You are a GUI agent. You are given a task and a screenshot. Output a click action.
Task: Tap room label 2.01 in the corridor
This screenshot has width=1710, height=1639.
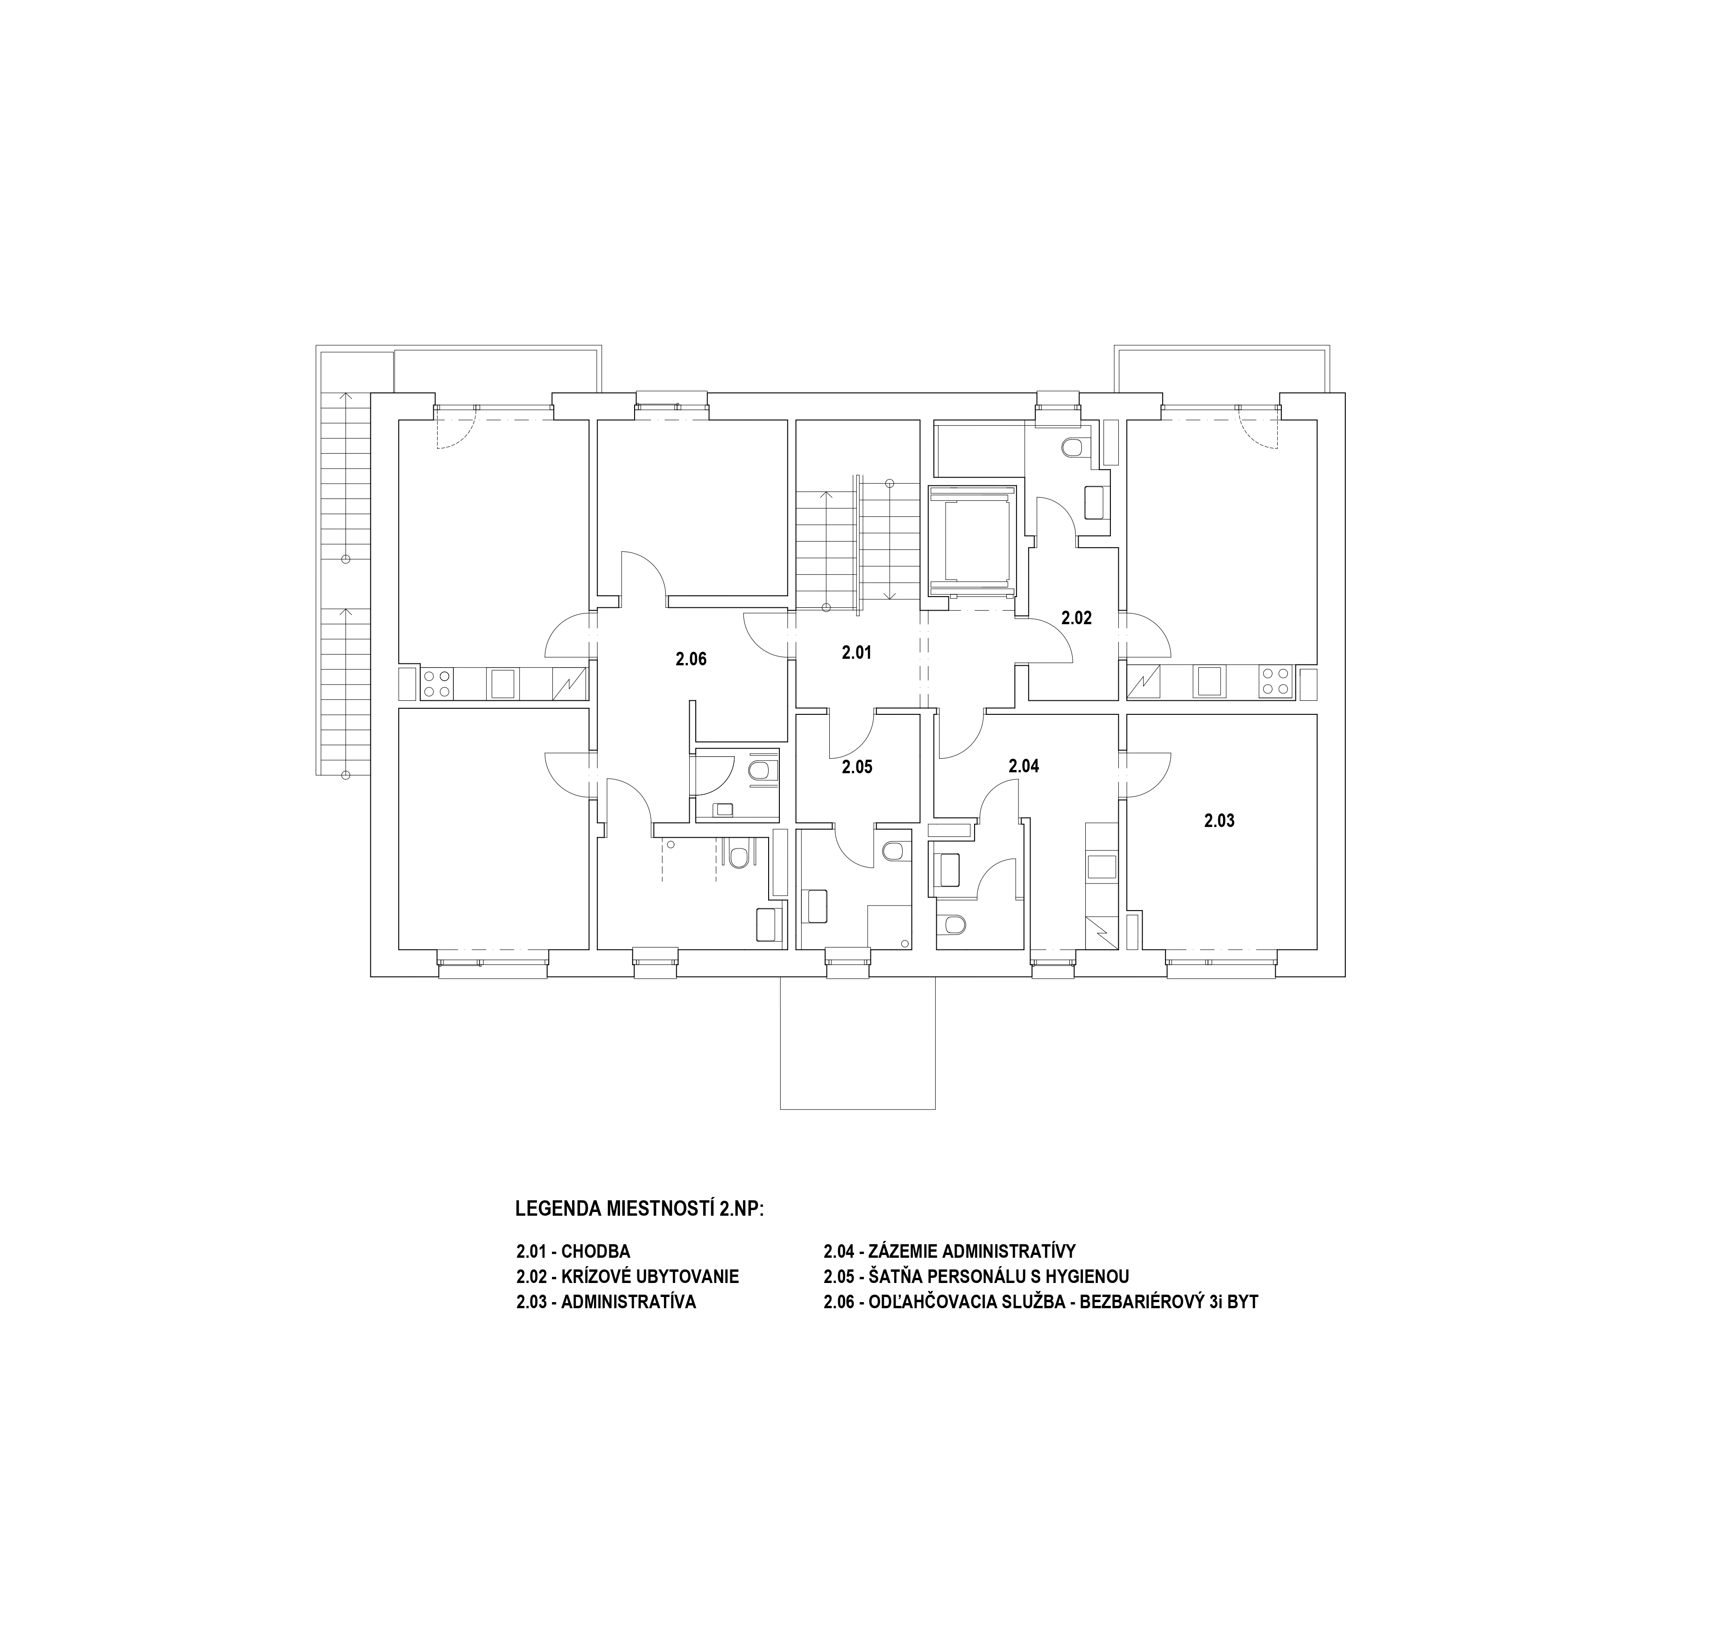(x=857, y=652)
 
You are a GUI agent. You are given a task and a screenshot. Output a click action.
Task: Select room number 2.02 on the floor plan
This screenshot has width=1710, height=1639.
(x=1077, y=618)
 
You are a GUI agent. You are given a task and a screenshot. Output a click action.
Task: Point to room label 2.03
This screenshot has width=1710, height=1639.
(x=1220, y=820)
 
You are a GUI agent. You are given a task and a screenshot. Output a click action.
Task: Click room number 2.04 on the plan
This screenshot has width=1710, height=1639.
(x=1024, y=766)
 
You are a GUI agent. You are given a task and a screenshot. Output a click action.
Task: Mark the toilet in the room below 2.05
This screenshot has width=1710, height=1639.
(x=893, y=851)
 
